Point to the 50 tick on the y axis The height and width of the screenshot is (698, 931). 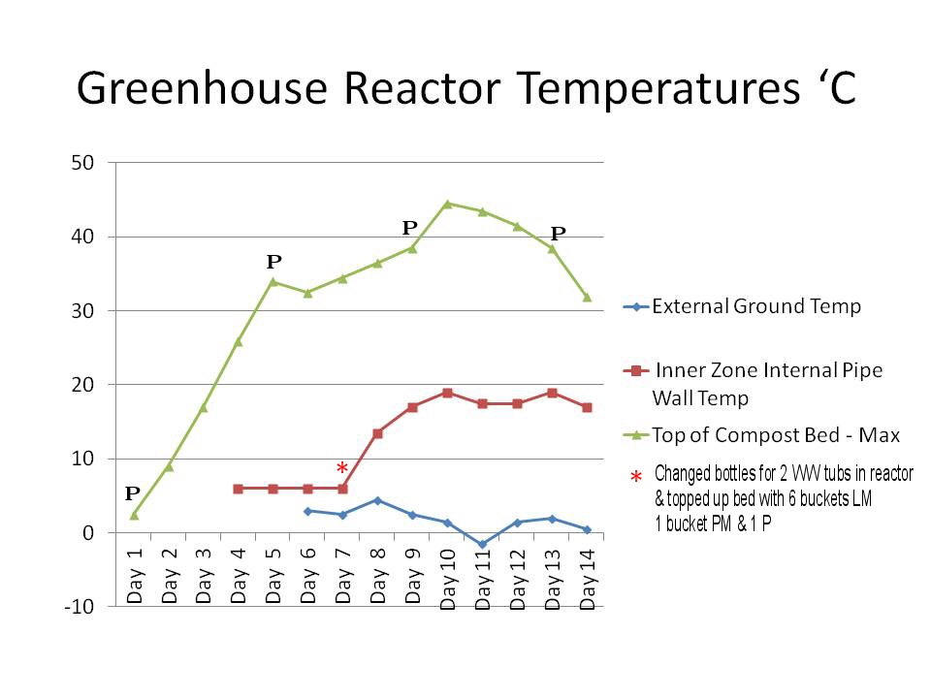coord(81,163)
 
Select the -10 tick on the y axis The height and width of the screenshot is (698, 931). coord(79,607)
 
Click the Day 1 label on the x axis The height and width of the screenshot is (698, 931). coord(134,576)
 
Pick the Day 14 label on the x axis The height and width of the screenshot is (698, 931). coord(587,576)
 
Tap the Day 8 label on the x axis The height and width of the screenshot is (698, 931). coord(377,576)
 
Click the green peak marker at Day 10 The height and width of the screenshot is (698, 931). coord(447,204)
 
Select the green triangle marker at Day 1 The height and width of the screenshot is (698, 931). coord(134,515)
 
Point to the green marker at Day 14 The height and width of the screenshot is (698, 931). coord(587,297)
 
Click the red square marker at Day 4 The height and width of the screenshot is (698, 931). coord(238,489)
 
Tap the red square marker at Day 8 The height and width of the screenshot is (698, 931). coord(377,433)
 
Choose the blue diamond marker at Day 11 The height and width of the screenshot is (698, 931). coord(482,545)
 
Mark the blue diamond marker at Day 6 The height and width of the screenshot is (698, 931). coord(307,511)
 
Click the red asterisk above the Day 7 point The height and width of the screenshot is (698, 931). coord(342,469)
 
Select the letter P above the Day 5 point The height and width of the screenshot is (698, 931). coord(273,262)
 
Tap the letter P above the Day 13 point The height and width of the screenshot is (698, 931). coord(558,233)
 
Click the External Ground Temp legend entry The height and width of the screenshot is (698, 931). coord(756,307)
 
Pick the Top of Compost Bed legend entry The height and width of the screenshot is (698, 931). coord(776,435)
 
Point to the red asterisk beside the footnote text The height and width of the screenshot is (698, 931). coord(636,478)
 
